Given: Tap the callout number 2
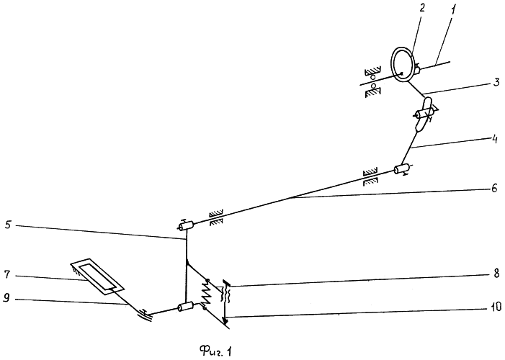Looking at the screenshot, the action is pos(422,9).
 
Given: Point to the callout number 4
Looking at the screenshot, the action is pos(494,139).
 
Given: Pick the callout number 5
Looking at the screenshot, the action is pos(9,225).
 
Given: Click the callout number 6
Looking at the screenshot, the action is pos(494,188).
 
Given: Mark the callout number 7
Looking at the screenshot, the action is pos(8,275).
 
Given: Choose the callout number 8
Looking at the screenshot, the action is pos(496,273).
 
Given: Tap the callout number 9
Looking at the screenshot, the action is pos(6,299).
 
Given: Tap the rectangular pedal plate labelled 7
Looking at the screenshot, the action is pos(97,276).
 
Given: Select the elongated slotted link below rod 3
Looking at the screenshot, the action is pos(423,114).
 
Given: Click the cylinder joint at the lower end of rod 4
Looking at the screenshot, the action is pos(402,168).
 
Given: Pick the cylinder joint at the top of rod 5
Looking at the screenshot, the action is pos(186,225).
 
